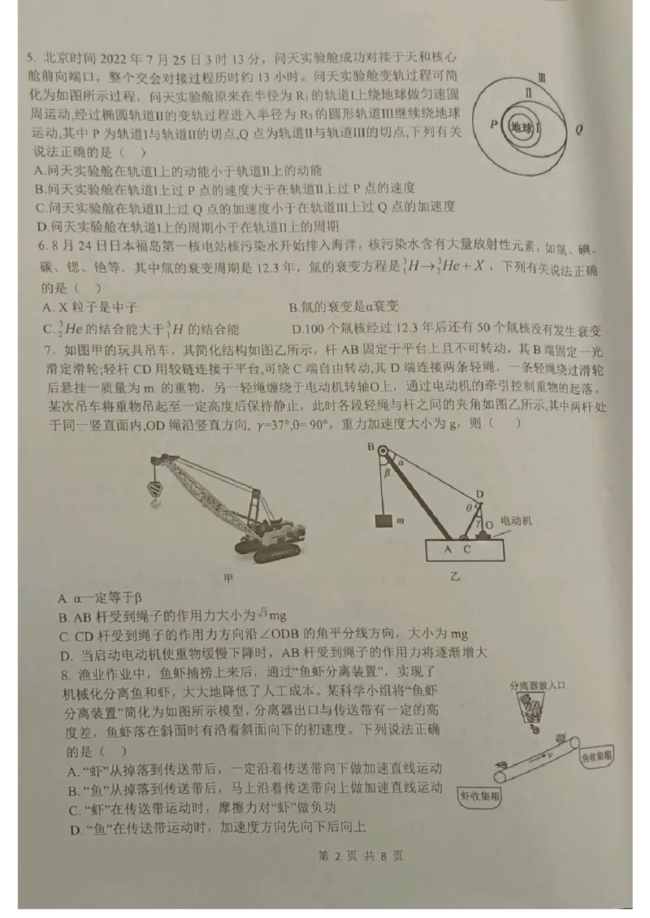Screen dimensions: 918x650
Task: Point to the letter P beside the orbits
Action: tap(492, 124)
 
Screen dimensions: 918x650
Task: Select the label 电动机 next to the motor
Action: tap(515, 519)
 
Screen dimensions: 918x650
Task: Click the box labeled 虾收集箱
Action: tap(479, 797)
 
